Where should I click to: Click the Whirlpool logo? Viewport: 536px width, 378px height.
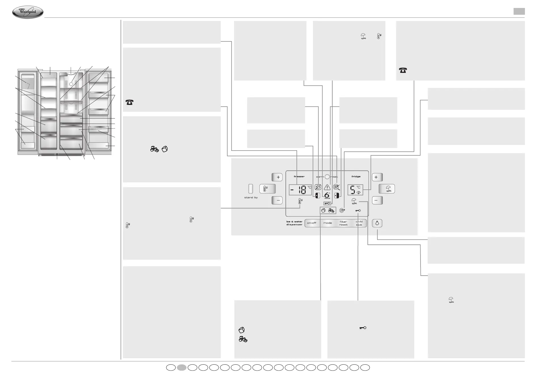pyautogui.click(x=28, y=12)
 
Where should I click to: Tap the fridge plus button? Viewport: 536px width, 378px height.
pyautogui.click(x=377, y=177)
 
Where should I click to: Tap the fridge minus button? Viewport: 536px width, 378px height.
pyautogui.click(x=377, y=200)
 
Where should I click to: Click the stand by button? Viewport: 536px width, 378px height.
pyautogui.click(x=251, y=189)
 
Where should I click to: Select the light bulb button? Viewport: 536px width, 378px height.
pyautogui.click(x=377, y=223)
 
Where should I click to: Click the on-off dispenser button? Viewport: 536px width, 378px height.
pyautogui.click(x=312, y=223)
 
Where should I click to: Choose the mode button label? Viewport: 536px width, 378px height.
pyautogui.click(x=327, y=223)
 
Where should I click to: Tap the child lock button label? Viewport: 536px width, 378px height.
pyautogui.click(x=359, y=223)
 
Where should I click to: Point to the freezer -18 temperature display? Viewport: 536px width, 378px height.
pyautogui.click(x=300, y=190)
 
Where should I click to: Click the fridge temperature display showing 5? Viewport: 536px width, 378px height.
pyautogui.click(x=355, y=190)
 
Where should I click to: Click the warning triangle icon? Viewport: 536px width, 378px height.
pyautogui.click(x=327, y=187)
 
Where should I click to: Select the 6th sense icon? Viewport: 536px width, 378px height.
pyautogui.click(x=327, y=195)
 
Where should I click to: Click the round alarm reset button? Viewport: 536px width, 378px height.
pyautogui.click(x=327, y=176)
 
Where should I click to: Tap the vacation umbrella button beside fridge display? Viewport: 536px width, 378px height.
pyautogui.click(x=386, y=189)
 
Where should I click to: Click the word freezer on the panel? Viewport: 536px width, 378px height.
pyautogui.click(x=299, y=176)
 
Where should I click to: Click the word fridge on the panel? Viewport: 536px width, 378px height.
pyautogui.click(x=356, y=176)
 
